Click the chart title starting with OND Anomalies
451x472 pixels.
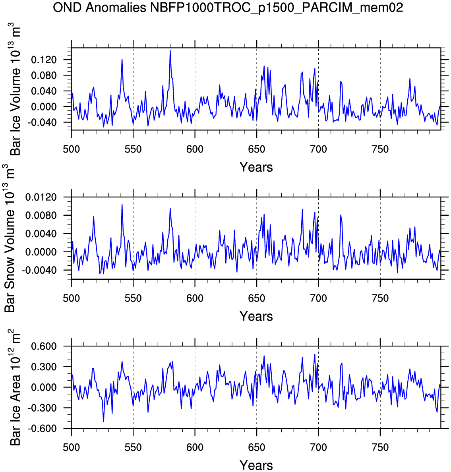228,7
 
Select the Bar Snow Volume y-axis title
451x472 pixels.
10,238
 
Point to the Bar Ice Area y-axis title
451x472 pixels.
15,387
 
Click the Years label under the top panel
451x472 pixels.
256,167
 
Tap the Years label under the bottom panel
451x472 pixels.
256,465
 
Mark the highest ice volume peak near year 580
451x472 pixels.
170,50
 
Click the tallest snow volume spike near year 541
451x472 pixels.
122,205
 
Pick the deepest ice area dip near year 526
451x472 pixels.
103,422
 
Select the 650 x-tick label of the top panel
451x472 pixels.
257,149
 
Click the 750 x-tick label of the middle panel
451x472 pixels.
380,298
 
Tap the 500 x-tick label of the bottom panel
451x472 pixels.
72,448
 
